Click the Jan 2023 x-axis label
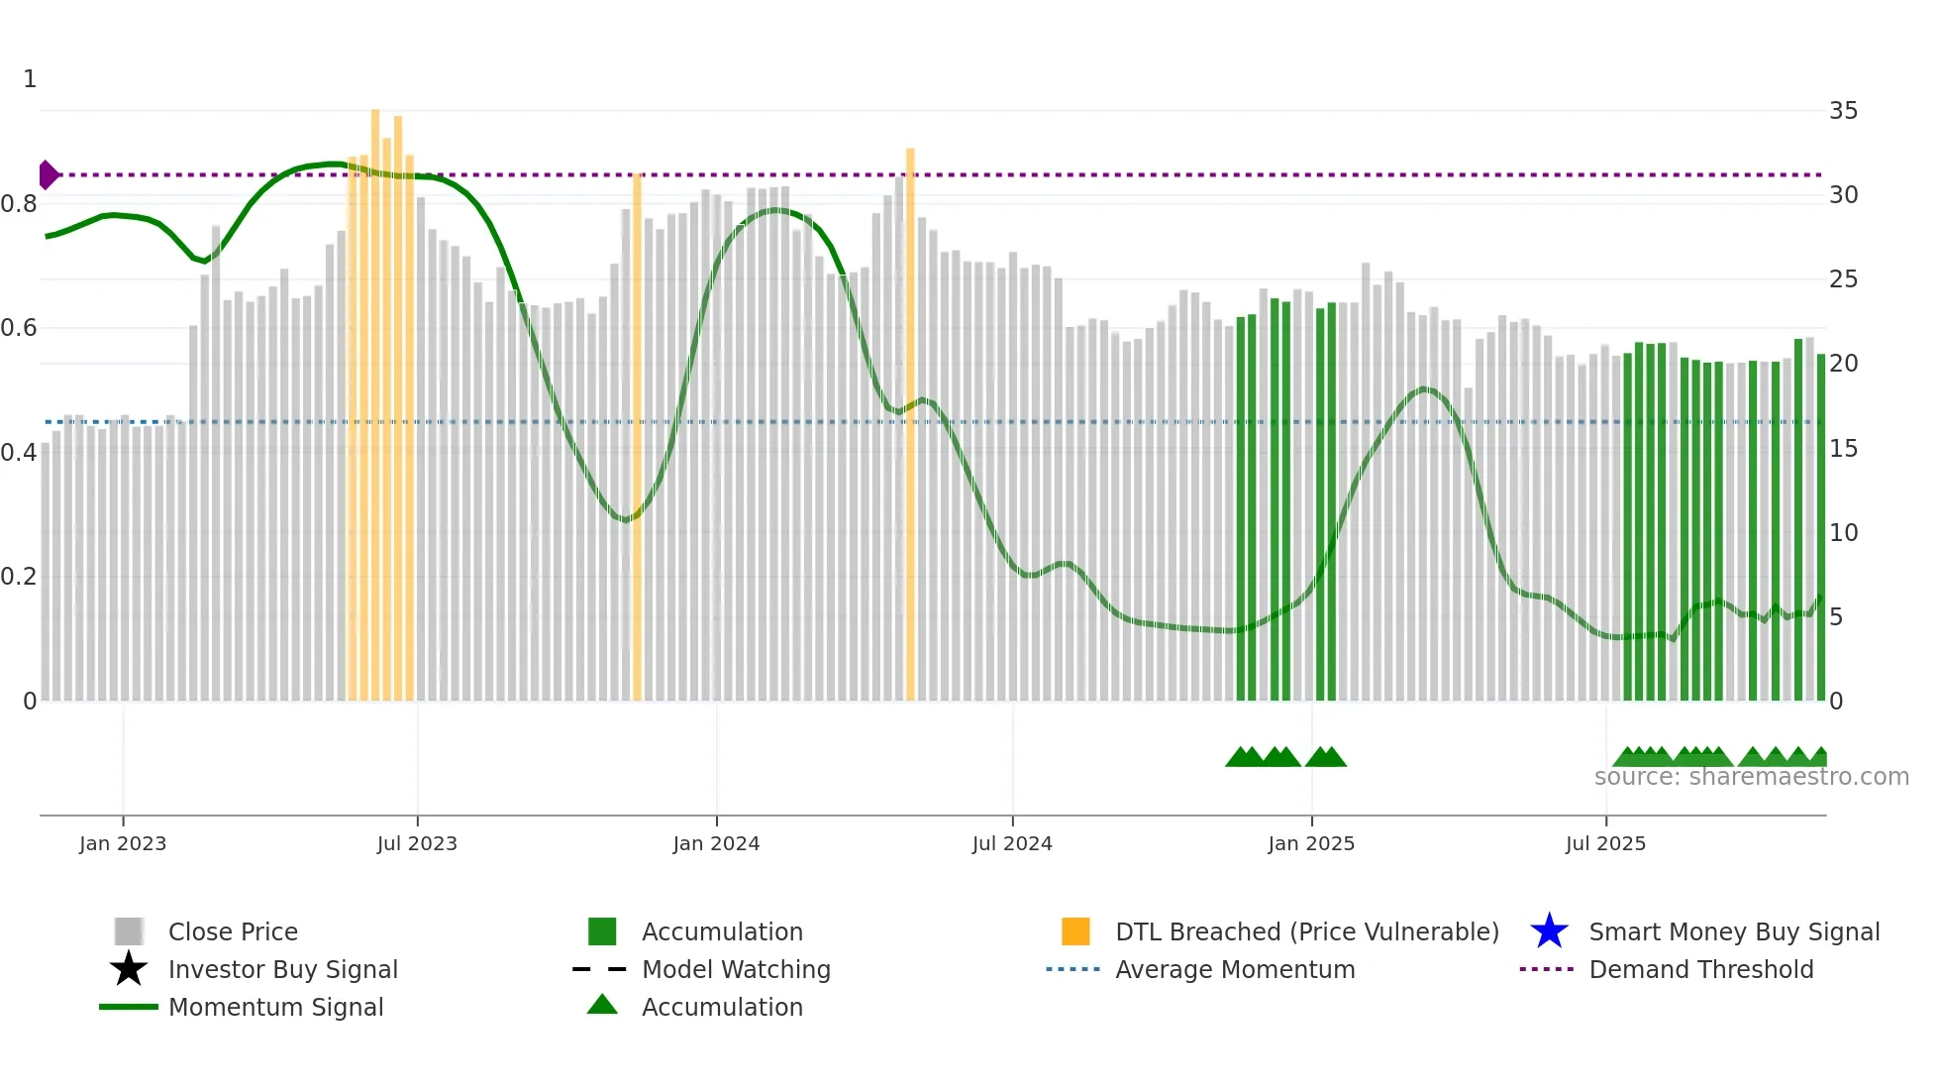coord(123,843)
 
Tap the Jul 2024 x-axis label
coord(1012,843)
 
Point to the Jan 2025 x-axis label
coord(1311,843)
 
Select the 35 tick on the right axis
coord(1843,111)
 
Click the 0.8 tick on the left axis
coord(20,204)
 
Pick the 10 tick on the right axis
coord(1843,533)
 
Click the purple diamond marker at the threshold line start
coord(48,174)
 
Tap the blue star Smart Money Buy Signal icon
coord(1549,931)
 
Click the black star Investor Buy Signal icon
coord(129,969)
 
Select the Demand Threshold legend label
coord(1700,969)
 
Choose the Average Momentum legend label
coord(1235,969)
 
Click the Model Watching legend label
coord(736,969)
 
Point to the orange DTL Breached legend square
coord(1075,931)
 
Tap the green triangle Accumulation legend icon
coord(602,1005)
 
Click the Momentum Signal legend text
coord(275,1007)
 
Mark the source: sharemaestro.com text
coord(1751,777)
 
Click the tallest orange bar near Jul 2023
coord(375,396)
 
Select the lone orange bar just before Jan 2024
coord(637,436)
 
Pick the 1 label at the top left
coord(30,79)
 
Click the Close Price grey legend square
coord(129,931)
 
